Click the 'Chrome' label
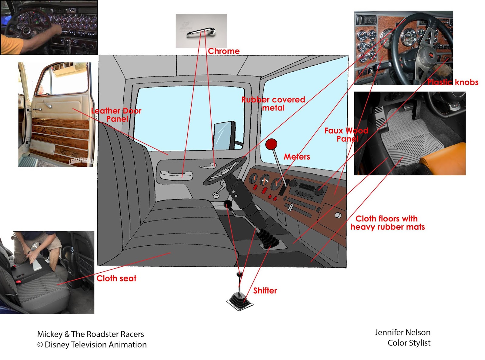click(224, 51)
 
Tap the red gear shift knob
click(271, 144)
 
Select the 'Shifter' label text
click(265, 291)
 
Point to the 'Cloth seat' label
click(116, 278)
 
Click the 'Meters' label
click(297, 156)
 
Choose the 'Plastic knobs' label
click(453, 82)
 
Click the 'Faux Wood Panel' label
click(346, 135)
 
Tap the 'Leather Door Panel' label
click(116, 115)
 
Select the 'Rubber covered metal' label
click(273, 103)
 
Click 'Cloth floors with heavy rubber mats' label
click(387, 223)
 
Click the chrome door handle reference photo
click(201, 31)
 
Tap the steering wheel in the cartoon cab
click(224, 171)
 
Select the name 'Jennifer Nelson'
click(402, 332)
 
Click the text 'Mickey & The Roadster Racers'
click(90, 334)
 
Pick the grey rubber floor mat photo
click(410, 133)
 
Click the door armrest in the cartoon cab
click(176, 175)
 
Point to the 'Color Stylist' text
click(409, 343)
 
